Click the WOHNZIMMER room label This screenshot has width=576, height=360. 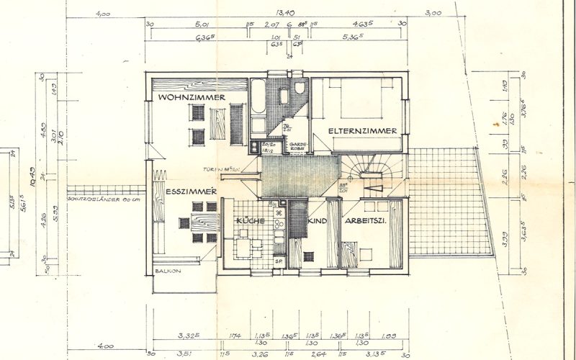click(x=192, y=97)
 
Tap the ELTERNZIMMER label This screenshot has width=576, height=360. click(x=363, y=130)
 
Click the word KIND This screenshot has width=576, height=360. click(x=318, y=222)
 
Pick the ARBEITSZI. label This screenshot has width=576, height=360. click(x=366, y=222)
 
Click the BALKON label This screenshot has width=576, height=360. click(x=167, y=271)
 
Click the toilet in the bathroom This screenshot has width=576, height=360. click(x=300, y=90)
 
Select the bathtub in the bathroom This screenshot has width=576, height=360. click(x=257, y=104)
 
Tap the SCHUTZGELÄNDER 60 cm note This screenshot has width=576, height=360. click(x=102, y=198)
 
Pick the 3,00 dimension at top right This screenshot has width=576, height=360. click(x=433, y=13)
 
